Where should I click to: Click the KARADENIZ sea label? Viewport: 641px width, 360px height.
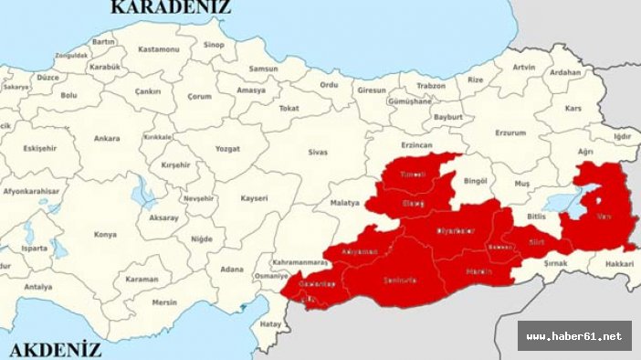click(171, 8)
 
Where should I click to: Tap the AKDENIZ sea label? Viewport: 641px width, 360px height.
click(55, 349)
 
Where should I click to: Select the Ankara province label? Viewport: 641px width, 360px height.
click(106, 139)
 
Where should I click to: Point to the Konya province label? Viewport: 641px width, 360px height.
click(105, 235)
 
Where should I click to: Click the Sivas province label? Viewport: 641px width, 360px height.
click(317, 153)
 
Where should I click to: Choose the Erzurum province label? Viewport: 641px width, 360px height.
click(510, 132)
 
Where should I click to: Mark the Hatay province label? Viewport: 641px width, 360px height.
click(270, 323)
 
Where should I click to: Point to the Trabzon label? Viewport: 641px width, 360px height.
click(431, 86)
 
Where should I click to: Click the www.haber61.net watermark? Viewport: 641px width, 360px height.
click(574, 335)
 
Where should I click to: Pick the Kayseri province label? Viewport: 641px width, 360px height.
click(255, 197)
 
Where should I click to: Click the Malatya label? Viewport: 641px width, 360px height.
click(344, 202)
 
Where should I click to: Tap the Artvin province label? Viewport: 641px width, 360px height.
click(524, 67)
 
